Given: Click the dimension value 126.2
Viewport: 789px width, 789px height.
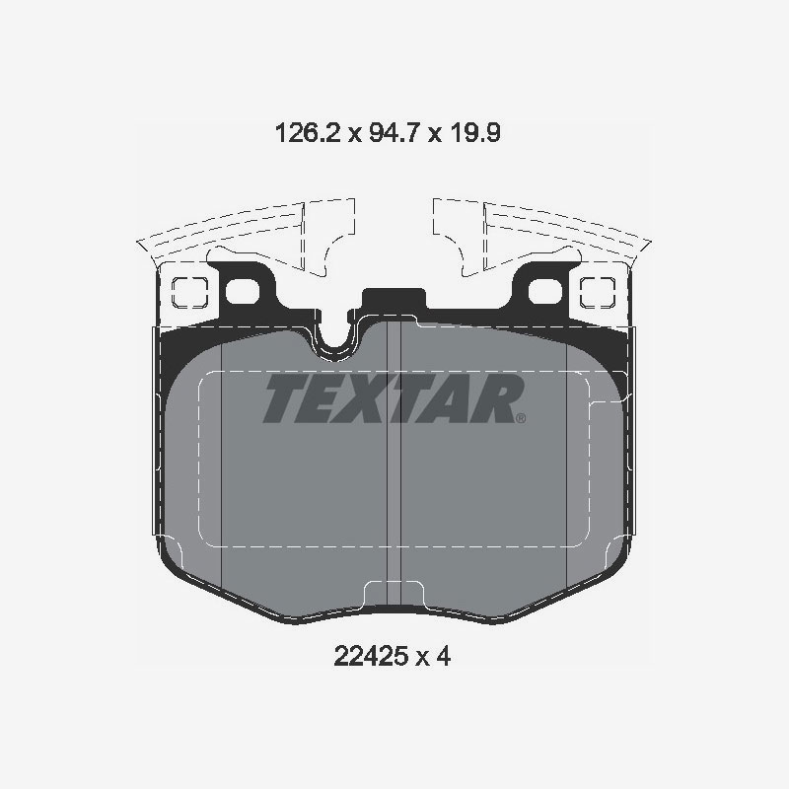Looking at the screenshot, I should pyautogui.click(x=304, y=133).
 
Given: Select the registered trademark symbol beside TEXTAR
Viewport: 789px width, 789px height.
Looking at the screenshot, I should pyautogui.click(x=521, y=418).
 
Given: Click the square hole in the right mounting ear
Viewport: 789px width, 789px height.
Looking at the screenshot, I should pyautogui.click(x=597, y=290).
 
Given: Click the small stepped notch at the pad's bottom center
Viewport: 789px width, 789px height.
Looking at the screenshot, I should pyautogui.click(x=394, y=594).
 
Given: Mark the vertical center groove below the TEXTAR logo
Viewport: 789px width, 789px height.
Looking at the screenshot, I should pyautogui.click(x=394, y=493).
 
